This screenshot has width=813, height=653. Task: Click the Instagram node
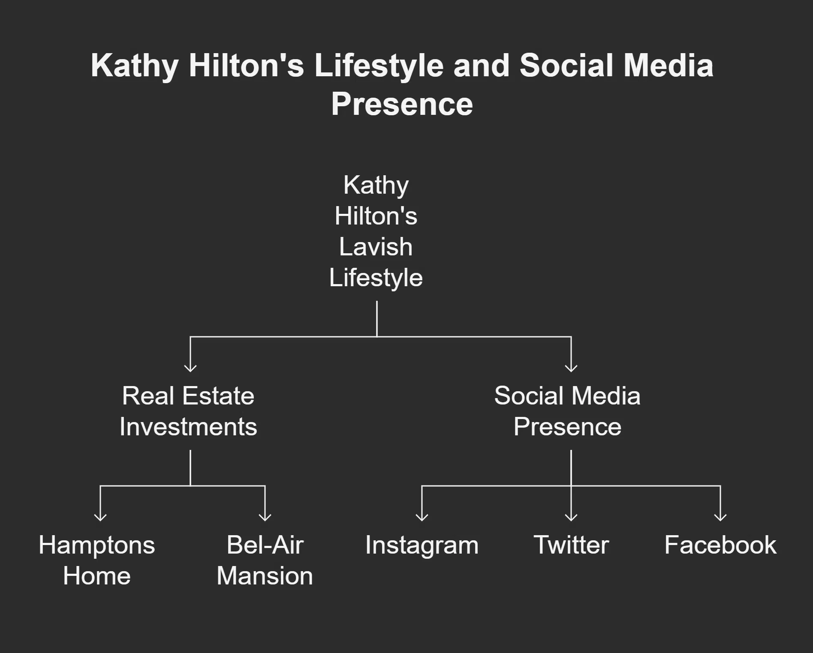422,545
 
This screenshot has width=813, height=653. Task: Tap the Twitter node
571,545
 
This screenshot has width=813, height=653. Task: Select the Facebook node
720,545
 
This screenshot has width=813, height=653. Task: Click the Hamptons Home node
97,560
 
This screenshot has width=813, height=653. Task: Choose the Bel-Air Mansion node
265,560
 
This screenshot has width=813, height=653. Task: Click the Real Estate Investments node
188,411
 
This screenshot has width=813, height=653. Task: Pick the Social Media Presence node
567,411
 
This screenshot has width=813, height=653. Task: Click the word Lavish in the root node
376,247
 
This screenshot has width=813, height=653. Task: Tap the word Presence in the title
402,104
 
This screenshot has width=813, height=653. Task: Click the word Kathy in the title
134,66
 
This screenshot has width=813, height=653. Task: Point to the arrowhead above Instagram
422,517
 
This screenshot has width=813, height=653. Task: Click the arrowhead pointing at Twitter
571,517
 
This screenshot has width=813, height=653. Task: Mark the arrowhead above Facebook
720,517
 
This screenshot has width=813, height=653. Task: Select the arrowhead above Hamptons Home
100,517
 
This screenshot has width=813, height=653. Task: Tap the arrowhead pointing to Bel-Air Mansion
265,517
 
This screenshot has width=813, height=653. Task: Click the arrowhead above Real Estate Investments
190,368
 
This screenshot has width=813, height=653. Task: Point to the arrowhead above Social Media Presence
571,368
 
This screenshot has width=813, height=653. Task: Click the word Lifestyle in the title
379,66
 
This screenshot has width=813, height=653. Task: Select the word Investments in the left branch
188,427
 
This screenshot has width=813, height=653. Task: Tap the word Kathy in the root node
376,185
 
